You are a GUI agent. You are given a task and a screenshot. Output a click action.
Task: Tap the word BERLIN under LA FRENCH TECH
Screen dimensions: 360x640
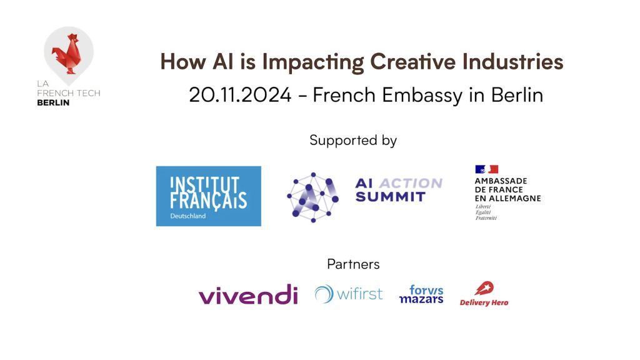[53, 102]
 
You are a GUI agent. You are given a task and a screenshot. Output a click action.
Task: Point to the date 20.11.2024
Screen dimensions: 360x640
[240, 95]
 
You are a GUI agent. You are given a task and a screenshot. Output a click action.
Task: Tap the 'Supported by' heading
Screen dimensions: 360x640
[353, 140]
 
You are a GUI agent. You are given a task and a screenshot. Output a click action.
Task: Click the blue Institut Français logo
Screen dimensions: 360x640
[208, 196]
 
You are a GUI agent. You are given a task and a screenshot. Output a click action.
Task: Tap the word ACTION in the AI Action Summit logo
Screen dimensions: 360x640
[412, 183]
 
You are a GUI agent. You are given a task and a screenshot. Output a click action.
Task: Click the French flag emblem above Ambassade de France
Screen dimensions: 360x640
[486, 169]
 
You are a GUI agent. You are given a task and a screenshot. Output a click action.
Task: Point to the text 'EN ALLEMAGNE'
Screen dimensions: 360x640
[507, 198]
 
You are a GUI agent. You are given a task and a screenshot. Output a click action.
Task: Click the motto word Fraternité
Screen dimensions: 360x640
[486, 218]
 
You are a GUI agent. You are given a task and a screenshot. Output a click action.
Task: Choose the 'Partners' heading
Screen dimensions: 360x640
[353, 264]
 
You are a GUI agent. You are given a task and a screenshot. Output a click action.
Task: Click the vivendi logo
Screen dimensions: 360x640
[248, 294]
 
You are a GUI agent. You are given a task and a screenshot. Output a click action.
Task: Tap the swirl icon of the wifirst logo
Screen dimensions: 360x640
[324, 294]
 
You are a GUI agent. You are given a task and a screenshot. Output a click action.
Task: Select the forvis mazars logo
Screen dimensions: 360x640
[421, 294]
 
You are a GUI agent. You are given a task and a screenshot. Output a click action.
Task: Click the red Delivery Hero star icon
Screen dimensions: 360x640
[484, 289]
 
